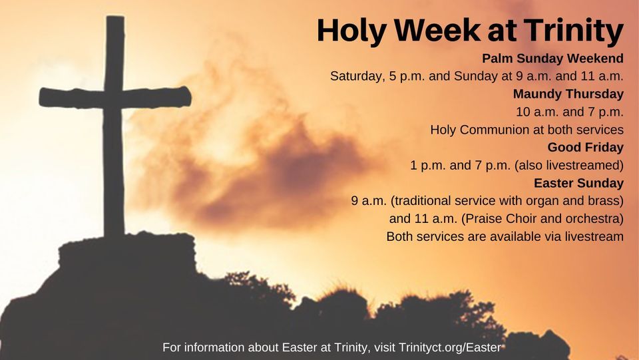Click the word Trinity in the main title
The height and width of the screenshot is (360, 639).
coord(573,31)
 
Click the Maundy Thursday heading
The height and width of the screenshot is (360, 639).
coord(568,94)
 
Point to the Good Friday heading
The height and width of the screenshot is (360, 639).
coord(585,147)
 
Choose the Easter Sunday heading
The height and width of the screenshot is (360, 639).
coord(578,182)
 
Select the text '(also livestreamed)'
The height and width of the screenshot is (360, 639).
coord(568,165)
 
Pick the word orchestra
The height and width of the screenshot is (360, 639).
coord(594,218)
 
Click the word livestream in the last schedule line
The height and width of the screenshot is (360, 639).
coord(592,236)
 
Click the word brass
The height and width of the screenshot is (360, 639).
coord(604,200)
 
